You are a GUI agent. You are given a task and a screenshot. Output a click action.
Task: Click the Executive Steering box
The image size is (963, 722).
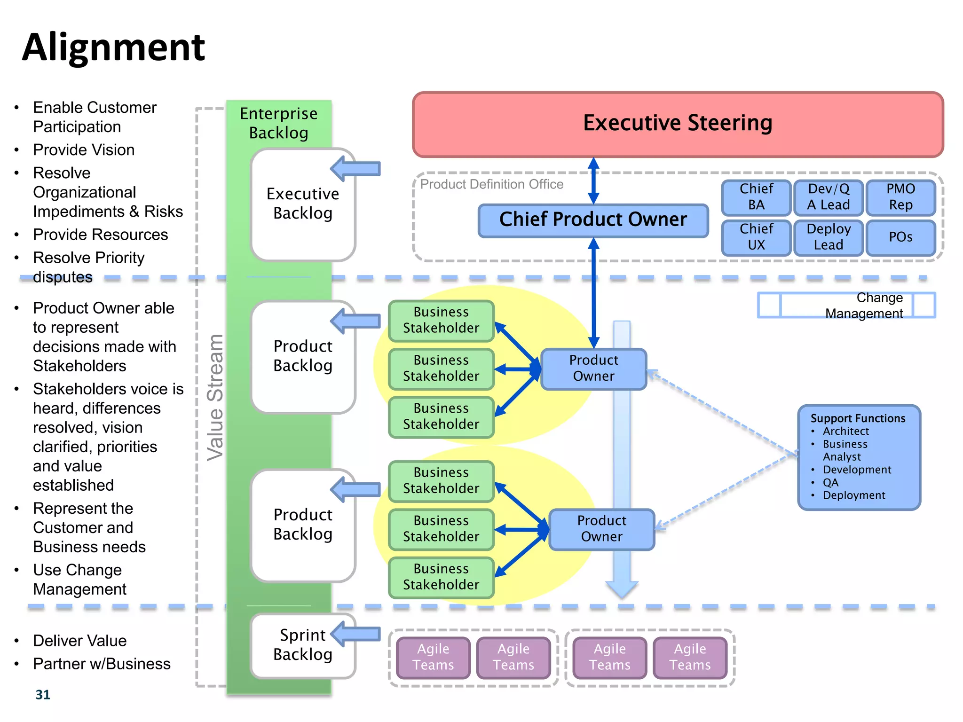678,124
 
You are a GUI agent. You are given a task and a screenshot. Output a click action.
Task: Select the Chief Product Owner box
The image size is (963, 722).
593,220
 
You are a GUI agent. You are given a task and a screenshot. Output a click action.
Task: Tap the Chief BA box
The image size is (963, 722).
756,197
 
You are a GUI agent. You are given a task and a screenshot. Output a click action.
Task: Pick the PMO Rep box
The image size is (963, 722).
900,197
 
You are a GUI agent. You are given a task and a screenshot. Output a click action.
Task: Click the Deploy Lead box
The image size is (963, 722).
828,237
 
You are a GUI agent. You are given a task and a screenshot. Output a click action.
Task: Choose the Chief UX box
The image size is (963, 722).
756,237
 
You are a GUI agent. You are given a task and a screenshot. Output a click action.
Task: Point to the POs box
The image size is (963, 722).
900,237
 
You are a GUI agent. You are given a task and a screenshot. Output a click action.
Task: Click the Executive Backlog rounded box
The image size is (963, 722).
302,204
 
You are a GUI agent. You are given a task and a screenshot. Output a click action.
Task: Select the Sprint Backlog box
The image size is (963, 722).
302,645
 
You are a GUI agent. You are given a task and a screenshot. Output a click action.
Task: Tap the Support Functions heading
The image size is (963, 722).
857,418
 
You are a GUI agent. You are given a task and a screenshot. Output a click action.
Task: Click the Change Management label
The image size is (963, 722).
864,306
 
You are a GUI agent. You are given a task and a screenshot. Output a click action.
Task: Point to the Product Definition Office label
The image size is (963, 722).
491,184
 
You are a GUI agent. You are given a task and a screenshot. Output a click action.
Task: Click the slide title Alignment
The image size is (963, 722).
113,47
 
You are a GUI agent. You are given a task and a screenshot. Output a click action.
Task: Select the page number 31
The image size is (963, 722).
43,694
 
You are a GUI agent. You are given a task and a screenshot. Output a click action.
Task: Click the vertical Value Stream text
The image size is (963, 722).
216,397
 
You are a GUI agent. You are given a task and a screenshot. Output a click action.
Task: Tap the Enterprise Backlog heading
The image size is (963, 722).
279,123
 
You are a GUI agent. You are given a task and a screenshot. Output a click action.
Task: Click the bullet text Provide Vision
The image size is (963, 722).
84,150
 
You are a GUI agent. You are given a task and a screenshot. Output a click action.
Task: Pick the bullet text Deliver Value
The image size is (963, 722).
79,641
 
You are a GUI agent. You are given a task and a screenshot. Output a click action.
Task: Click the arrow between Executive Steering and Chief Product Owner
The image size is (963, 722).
593,181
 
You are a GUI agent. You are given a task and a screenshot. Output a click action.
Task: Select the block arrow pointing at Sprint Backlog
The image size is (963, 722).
356,634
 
